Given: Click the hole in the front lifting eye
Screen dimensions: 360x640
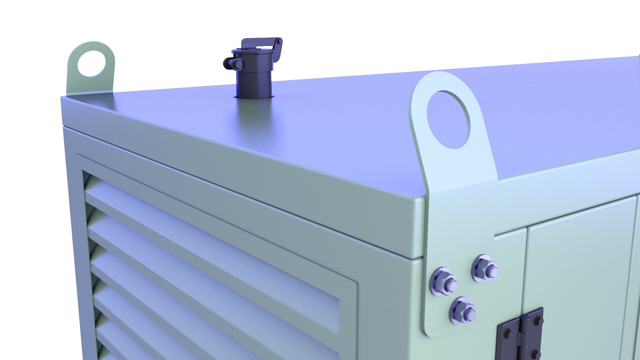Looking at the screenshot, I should (448, 119).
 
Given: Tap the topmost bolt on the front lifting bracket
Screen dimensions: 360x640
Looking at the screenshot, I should (484, 267).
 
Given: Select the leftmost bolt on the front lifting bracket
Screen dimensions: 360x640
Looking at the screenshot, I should (443, 281).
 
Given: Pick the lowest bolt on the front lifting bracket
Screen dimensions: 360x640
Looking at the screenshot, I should (463, 311).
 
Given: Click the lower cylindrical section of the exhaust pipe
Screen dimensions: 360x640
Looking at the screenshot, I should (253, 83).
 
